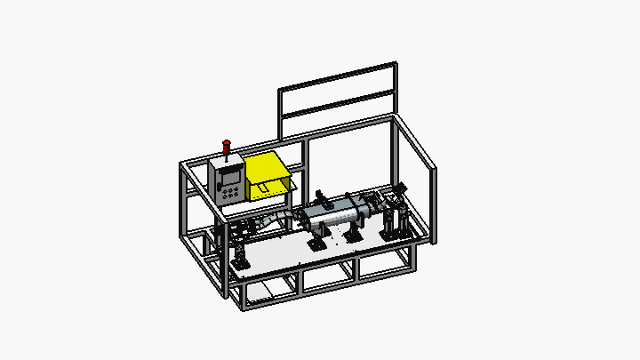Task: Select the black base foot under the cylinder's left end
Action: [x=316, y=242]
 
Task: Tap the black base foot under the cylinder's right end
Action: [x=354, y=236]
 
